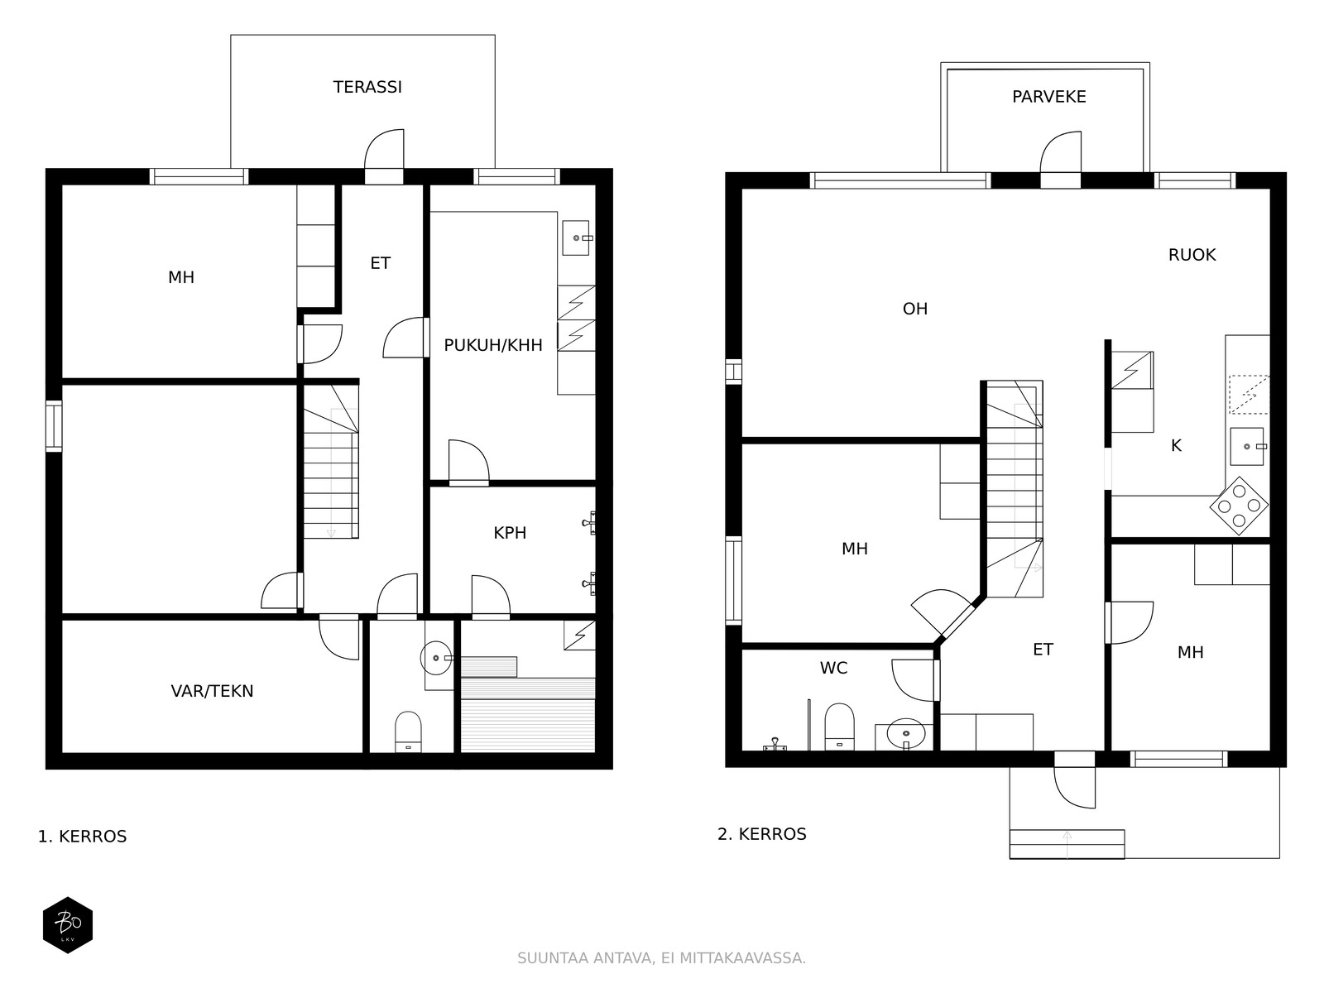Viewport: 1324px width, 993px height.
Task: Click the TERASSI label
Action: [x=367, y=88]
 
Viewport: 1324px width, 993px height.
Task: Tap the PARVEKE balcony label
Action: [x=1049, y=97]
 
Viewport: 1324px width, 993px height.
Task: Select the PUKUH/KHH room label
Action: [x=493, y=345]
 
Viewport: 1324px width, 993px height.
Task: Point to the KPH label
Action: [x=510, y=533]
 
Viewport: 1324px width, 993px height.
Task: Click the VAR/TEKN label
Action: [x=213, y=691]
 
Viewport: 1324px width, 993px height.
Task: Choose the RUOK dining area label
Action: [x=1192, y=255]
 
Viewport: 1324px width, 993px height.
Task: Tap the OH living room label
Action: [x=915, y=309]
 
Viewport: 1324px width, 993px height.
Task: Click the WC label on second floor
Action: [x=833, y=668]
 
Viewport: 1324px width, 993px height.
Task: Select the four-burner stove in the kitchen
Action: [x=1239, y=506]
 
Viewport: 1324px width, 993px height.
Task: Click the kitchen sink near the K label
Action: [x=1247, y=446]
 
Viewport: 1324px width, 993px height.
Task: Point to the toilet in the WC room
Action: [x=840, y=726]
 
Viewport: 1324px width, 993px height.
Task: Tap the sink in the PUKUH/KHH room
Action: [x=576, y=238]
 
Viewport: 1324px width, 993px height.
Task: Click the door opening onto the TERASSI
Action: [x=384, y=156]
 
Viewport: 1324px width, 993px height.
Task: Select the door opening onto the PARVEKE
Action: [x=1060, y=160]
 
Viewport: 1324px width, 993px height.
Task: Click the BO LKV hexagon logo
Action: [x=68, y=925]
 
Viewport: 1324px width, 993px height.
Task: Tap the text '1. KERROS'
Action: [x=82, y=837]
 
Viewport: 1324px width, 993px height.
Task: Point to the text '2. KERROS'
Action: [x=762, y=834]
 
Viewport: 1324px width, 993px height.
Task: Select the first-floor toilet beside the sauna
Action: [x=408, y=732]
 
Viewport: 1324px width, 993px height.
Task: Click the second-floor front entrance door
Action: [x=1074, y=779]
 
